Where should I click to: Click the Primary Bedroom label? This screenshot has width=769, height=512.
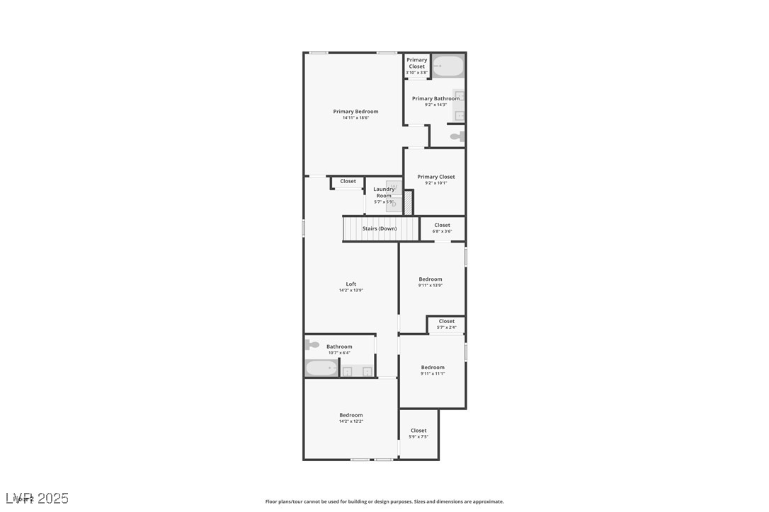tap(355, 112)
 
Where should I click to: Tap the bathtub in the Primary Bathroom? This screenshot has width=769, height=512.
tap(448, 66)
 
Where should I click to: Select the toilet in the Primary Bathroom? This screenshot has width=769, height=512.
tap(457, 136)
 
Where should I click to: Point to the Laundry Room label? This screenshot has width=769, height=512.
tap(384, 192)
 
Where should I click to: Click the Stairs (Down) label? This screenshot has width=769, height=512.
tap(380, 228)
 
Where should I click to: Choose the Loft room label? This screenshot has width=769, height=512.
tap(351, 284)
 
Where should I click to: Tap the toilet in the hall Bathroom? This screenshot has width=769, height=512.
tap(312, 345)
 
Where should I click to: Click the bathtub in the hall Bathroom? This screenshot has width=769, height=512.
tap(321, 368)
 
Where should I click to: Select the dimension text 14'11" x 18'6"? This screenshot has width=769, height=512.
tap(355, 118)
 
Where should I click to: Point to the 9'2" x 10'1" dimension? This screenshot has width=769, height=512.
tap(436, 183)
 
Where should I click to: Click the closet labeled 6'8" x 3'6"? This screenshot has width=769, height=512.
tap(442, 228)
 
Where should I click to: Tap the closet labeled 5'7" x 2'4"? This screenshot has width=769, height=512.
tap(446, 324)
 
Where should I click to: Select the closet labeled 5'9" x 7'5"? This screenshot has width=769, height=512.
tap(418, 433)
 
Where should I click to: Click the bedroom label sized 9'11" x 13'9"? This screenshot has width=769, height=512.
tap(430, 279)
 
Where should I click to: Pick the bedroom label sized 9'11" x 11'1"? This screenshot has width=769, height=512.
tap(433, 368)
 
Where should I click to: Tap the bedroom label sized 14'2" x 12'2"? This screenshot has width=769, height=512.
tap(351, 415)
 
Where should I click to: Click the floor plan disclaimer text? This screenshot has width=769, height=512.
tap(384, 501)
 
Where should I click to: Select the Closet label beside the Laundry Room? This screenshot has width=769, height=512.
tap(348, 181)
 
